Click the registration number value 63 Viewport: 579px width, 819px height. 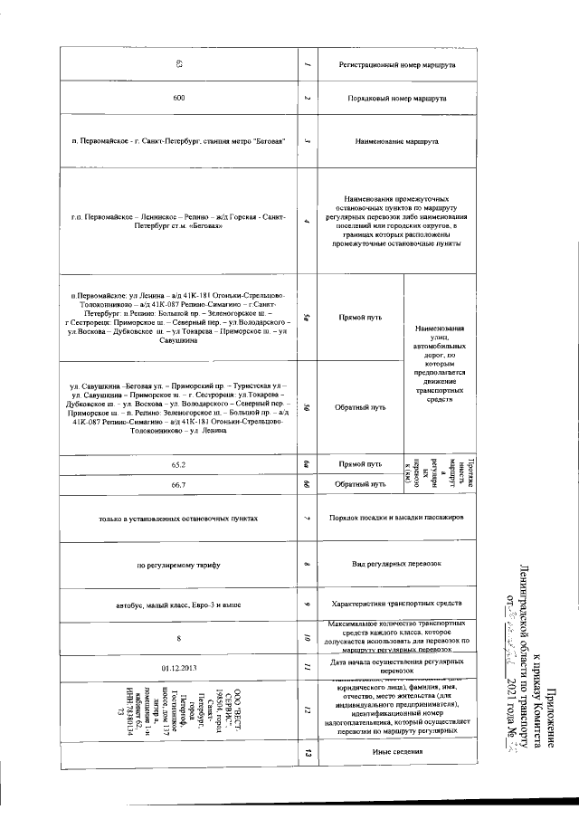tap(179, 64)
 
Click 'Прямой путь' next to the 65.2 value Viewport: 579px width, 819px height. tap(357, 465)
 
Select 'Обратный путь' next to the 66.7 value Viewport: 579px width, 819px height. tap(357, 485)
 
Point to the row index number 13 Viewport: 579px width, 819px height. tap(308, 754)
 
